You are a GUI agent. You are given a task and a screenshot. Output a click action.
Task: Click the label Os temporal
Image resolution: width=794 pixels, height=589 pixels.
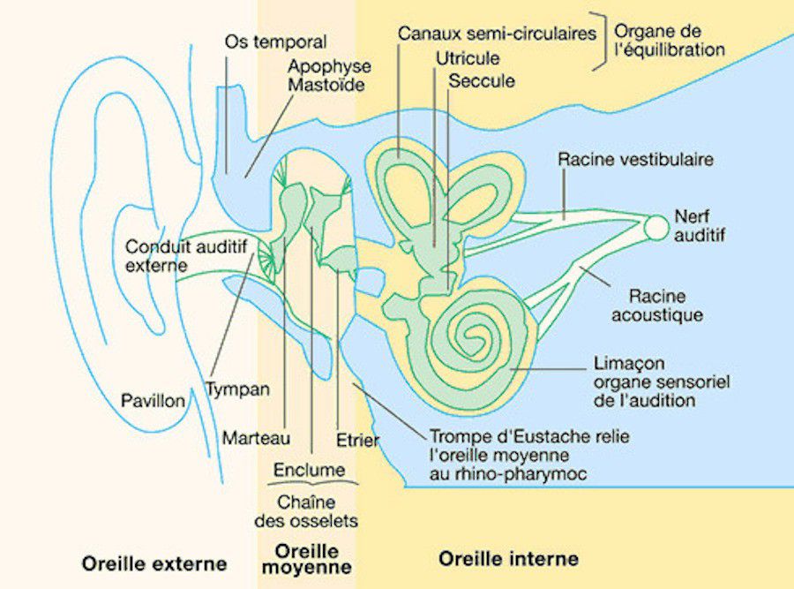(275, 42)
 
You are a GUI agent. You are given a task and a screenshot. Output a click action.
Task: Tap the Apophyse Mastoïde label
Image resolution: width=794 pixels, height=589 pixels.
(329, 76)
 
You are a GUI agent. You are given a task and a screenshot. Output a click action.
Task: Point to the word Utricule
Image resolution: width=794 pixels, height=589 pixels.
(468, 59)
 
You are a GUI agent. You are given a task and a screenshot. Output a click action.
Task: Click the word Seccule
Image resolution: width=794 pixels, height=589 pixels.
(482, 80)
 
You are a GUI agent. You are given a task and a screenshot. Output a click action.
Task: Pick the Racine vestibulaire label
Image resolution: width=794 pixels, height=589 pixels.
(635, 160)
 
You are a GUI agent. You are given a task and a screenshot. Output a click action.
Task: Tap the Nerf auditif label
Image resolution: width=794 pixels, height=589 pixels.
(698, 224)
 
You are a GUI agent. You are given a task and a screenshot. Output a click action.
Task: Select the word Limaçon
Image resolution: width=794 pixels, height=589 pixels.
(628, 363)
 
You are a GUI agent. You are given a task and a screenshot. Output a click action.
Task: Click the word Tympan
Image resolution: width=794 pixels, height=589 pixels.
(237, 389)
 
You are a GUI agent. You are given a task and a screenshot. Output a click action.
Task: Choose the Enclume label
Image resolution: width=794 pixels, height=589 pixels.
(309, 470)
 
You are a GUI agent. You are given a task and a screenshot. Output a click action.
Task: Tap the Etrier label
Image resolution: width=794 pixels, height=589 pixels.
(357, 439)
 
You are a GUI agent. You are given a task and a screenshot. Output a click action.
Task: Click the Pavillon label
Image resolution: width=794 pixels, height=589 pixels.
(153, 401)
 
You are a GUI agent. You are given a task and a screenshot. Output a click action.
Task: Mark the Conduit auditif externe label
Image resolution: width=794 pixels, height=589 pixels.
(185, 255)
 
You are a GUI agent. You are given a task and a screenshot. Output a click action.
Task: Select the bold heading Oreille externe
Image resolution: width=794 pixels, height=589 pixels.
(154, 563)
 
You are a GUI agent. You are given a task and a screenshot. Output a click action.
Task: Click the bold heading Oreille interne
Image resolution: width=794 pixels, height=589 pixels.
(508, 558)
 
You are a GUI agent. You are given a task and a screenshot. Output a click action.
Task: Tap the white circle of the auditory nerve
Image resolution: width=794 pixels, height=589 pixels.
(656, 227)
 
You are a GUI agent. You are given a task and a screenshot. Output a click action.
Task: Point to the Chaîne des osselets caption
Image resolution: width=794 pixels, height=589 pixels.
(305, 510)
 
